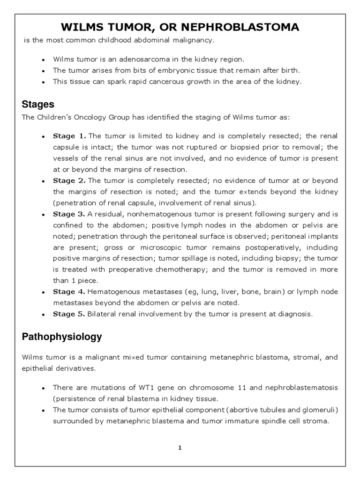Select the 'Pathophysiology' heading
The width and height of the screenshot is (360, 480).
[62, 337]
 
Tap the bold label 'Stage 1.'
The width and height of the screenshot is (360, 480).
[69, 136]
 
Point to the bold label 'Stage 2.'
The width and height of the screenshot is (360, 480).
[69, 180]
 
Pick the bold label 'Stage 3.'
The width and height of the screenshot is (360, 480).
[69, 214]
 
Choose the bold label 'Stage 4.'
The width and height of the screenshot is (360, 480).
[69, 292]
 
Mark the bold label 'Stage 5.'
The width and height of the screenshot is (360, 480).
[69, 314]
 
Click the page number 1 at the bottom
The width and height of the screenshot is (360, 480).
[180, 448]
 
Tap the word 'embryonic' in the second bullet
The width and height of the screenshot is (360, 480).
[169, 70]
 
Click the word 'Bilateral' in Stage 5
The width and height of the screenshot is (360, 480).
[103, 314]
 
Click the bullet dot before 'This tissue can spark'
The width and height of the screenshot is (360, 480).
[43, 82]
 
